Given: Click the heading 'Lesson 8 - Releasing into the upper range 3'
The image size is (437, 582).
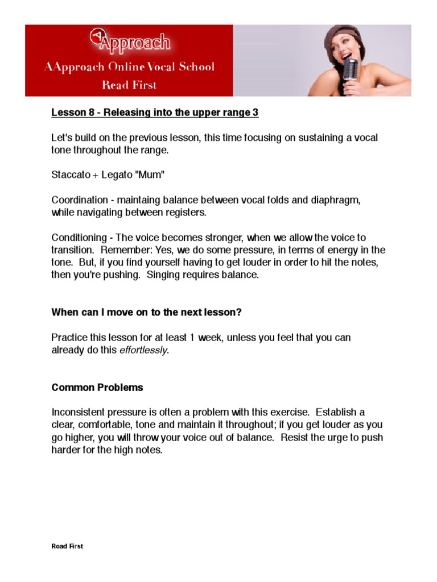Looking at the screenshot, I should click(155, 113).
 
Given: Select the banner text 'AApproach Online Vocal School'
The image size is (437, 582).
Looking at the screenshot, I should click(130, 67).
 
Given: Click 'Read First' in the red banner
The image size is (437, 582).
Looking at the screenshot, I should click(129, 85).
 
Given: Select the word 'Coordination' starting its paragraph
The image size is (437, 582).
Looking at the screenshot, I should click(79, 200).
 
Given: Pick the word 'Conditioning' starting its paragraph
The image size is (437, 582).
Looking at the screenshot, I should click(79, 238).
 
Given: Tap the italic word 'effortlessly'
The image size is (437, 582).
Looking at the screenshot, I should click(143, 350).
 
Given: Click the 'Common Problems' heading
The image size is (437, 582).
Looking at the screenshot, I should click(97, 388).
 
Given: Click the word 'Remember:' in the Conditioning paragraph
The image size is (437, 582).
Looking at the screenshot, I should click(122, 250).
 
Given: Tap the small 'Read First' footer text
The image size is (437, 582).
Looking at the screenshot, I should click(67, 546).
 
